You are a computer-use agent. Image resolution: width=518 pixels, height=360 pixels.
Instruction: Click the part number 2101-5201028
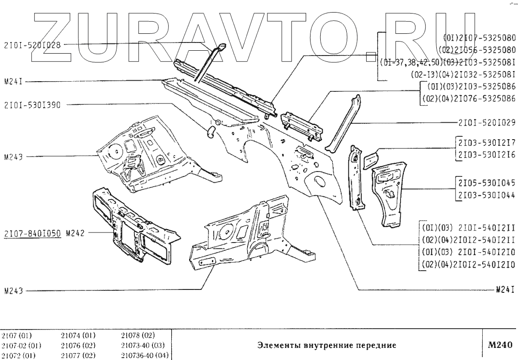click(x=32, y=45)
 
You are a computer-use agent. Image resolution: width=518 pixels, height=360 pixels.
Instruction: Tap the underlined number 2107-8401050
click(x=32, y=233)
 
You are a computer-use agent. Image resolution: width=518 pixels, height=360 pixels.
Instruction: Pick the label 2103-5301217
click(x=486, y=143)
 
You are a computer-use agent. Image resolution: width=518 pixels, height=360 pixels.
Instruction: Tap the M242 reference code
click(x=75, y=233)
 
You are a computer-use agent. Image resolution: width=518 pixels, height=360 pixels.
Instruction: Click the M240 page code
click(x=500, y=345)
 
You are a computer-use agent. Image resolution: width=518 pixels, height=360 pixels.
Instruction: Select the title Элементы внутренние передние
click(x=326, y=346)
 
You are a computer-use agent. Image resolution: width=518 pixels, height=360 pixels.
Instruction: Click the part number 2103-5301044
click(x=486, y=195)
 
